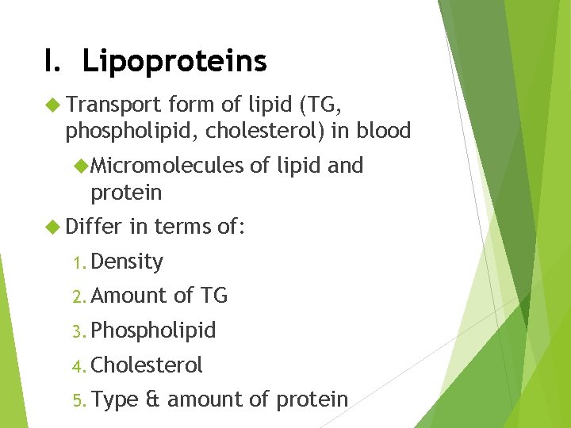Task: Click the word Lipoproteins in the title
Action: (x=174, y=61)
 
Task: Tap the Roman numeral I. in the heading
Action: (x=53, y=61)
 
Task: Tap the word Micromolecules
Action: (x=167, y=166)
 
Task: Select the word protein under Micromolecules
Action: (x=126, y=193)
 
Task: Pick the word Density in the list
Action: (x=127, y=262)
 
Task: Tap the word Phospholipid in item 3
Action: (x=153, y=331)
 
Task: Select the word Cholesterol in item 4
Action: (x=147, y=365)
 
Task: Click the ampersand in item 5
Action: (x=153, y=399)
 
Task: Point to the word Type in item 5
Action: (x=115, y=400)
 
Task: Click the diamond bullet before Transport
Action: (x=53, y=104)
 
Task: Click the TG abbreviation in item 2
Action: (x=213, y=296)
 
